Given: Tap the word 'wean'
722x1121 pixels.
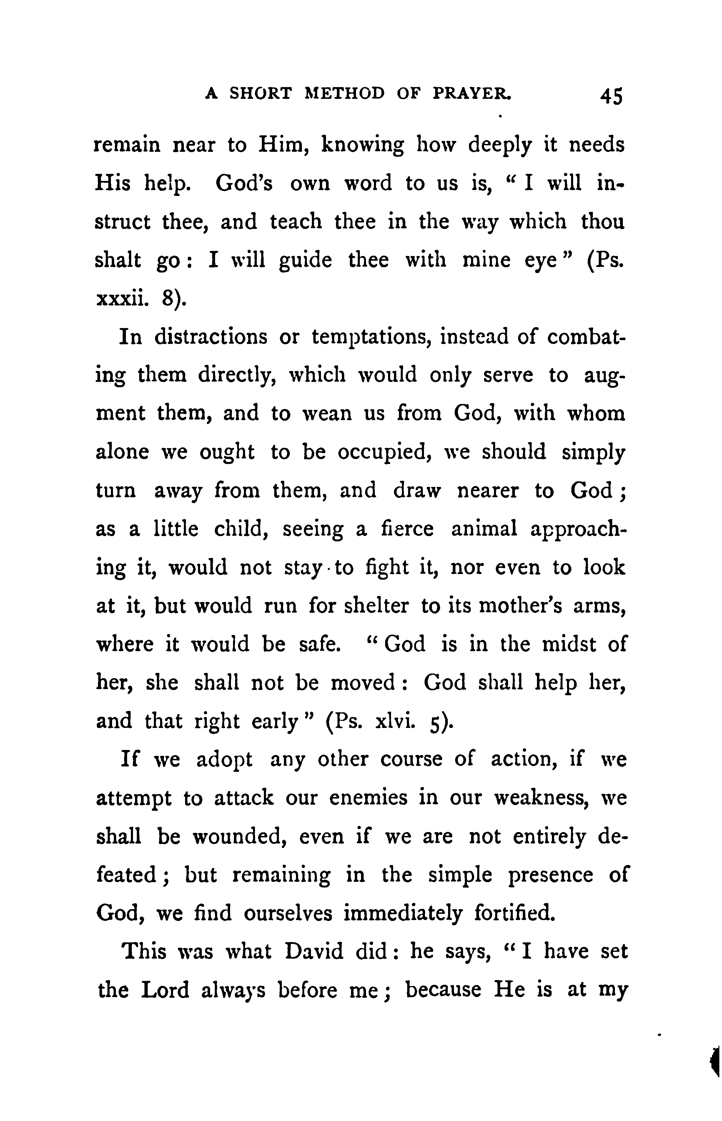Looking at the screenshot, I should point(326,413).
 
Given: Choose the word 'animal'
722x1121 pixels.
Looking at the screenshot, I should point(484,529).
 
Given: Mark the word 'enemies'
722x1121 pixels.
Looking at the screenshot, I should point(368,798).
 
